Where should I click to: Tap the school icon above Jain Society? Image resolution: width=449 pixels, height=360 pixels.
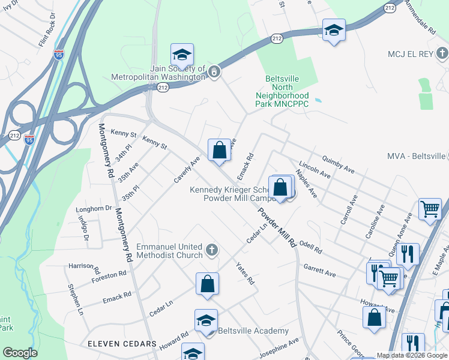click(182, 55)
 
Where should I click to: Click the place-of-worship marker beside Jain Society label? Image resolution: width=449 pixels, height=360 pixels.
click(215, 73)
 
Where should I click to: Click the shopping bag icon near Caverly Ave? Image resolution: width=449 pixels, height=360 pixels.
click(219, 150)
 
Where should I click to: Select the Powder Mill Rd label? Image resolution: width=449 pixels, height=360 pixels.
click(277, 228)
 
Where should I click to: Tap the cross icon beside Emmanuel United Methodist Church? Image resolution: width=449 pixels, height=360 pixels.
click(211, 249)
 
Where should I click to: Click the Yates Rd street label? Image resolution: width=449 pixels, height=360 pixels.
click(245, 274)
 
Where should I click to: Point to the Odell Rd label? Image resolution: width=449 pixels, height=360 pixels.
click(310, 246)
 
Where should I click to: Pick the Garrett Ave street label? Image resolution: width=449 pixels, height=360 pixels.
click(319, 269)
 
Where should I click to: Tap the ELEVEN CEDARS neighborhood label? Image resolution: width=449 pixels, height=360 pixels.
click(122, 344)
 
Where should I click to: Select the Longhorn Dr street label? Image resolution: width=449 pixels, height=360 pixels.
click(94, 209)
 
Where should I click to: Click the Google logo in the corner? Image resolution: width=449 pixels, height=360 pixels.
click(20, 353)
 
